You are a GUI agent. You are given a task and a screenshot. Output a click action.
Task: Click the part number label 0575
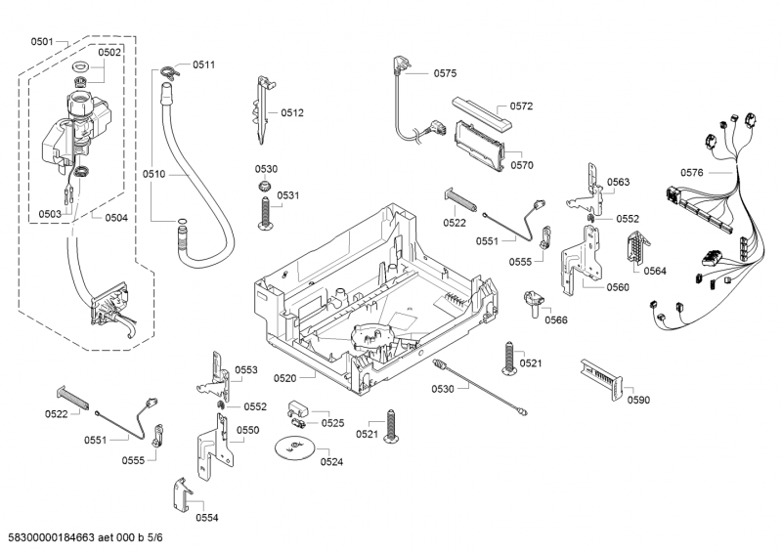[445, 73]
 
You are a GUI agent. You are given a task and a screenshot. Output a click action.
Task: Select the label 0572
[521, 106]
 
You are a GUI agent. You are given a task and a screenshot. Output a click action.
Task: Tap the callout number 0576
[691, 173]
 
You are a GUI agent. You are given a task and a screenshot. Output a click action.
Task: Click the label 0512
[292, 112]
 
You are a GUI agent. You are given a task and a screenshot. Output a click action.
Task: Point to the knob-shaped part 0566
[533, 300]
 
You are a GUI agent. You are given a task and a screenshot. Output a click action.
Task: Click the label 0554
[206, 517]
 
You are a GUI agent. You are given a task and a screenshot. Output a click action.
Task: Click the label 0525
[332, 423]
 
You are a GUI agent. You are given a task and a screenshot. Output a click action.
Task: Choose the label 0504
[115, 217]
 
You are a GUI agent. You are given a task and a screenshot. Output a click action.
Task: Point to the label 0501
[42, 41]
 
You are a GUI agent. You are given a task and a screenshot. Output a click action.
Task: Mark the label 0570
[521, 165]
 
